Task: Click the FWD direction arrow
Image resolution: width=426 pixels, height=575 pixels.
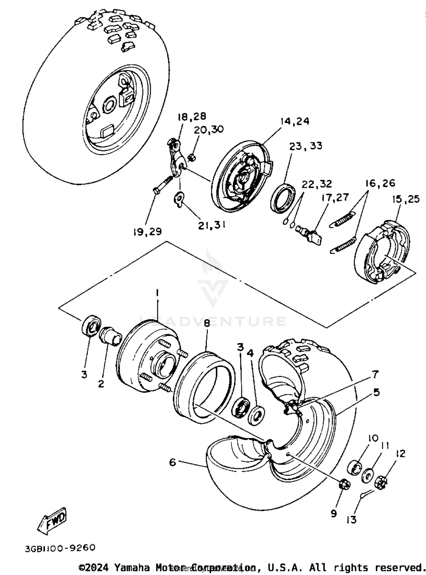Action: (53, 521)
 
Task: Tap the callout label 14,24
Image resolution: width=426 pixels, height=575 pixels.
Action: (295, 121)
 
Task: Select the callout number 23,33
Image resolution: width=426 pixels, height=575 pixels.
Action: (306, 146)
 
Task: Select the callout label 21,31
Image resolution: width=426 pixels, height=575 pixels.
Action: (212, 225)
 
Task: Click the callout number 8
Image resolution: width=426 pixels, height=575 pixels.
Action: (206, 324)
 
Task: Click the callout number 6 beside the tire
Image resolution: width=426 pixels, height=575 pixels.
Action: (172, 462)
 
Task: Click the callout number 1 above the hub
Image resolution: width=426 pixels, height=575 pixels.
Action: (157, 292)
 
